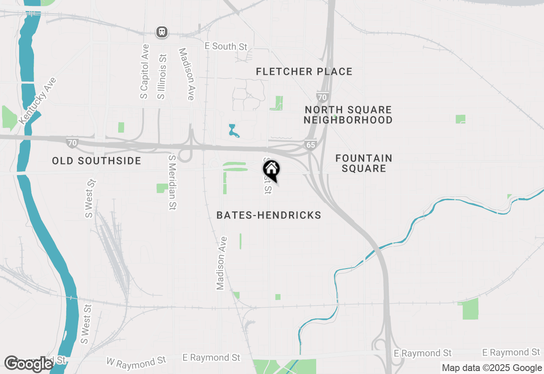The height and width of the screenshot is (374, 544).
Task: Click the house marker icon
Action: (271, 170)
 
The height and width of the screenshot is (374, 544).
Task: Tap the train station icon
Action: (161, 32)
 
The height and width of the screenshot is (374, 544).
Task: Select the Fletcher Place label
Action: (304, 71)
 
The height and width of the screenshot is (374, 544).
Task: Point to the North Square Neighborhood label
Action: (348, 115)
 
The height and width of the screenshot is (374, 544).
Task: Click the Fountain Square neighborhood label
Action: (364, 163)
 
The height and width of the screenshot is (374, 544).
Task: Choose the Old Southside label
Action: (96, 161)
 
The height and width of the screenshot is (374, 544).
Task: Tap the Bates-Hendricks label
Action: (269, 215)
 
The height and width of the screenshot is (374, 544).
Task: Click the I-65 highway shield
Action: (311, 145)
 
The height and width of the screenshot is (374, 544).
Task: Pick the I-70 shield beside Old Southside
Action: (72, 142)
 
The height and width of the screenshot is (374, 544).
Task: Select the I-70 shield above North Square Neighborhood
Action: (322, 97)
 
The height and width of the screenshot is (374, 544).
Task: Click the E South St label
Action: (226, 46)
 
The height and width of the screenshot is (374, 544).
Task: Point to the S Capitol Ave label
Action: (144, 71)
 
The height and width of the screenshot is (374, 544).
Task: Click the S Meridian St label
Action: (172, 182)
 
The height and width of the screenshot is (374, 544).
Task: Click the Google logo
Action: (28, 364)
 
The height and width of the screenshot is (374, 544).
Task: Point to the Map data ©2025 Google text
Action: (492, 368)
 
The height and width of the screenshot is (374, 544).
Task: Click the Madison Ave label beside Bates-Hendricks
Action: (221, 263)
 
